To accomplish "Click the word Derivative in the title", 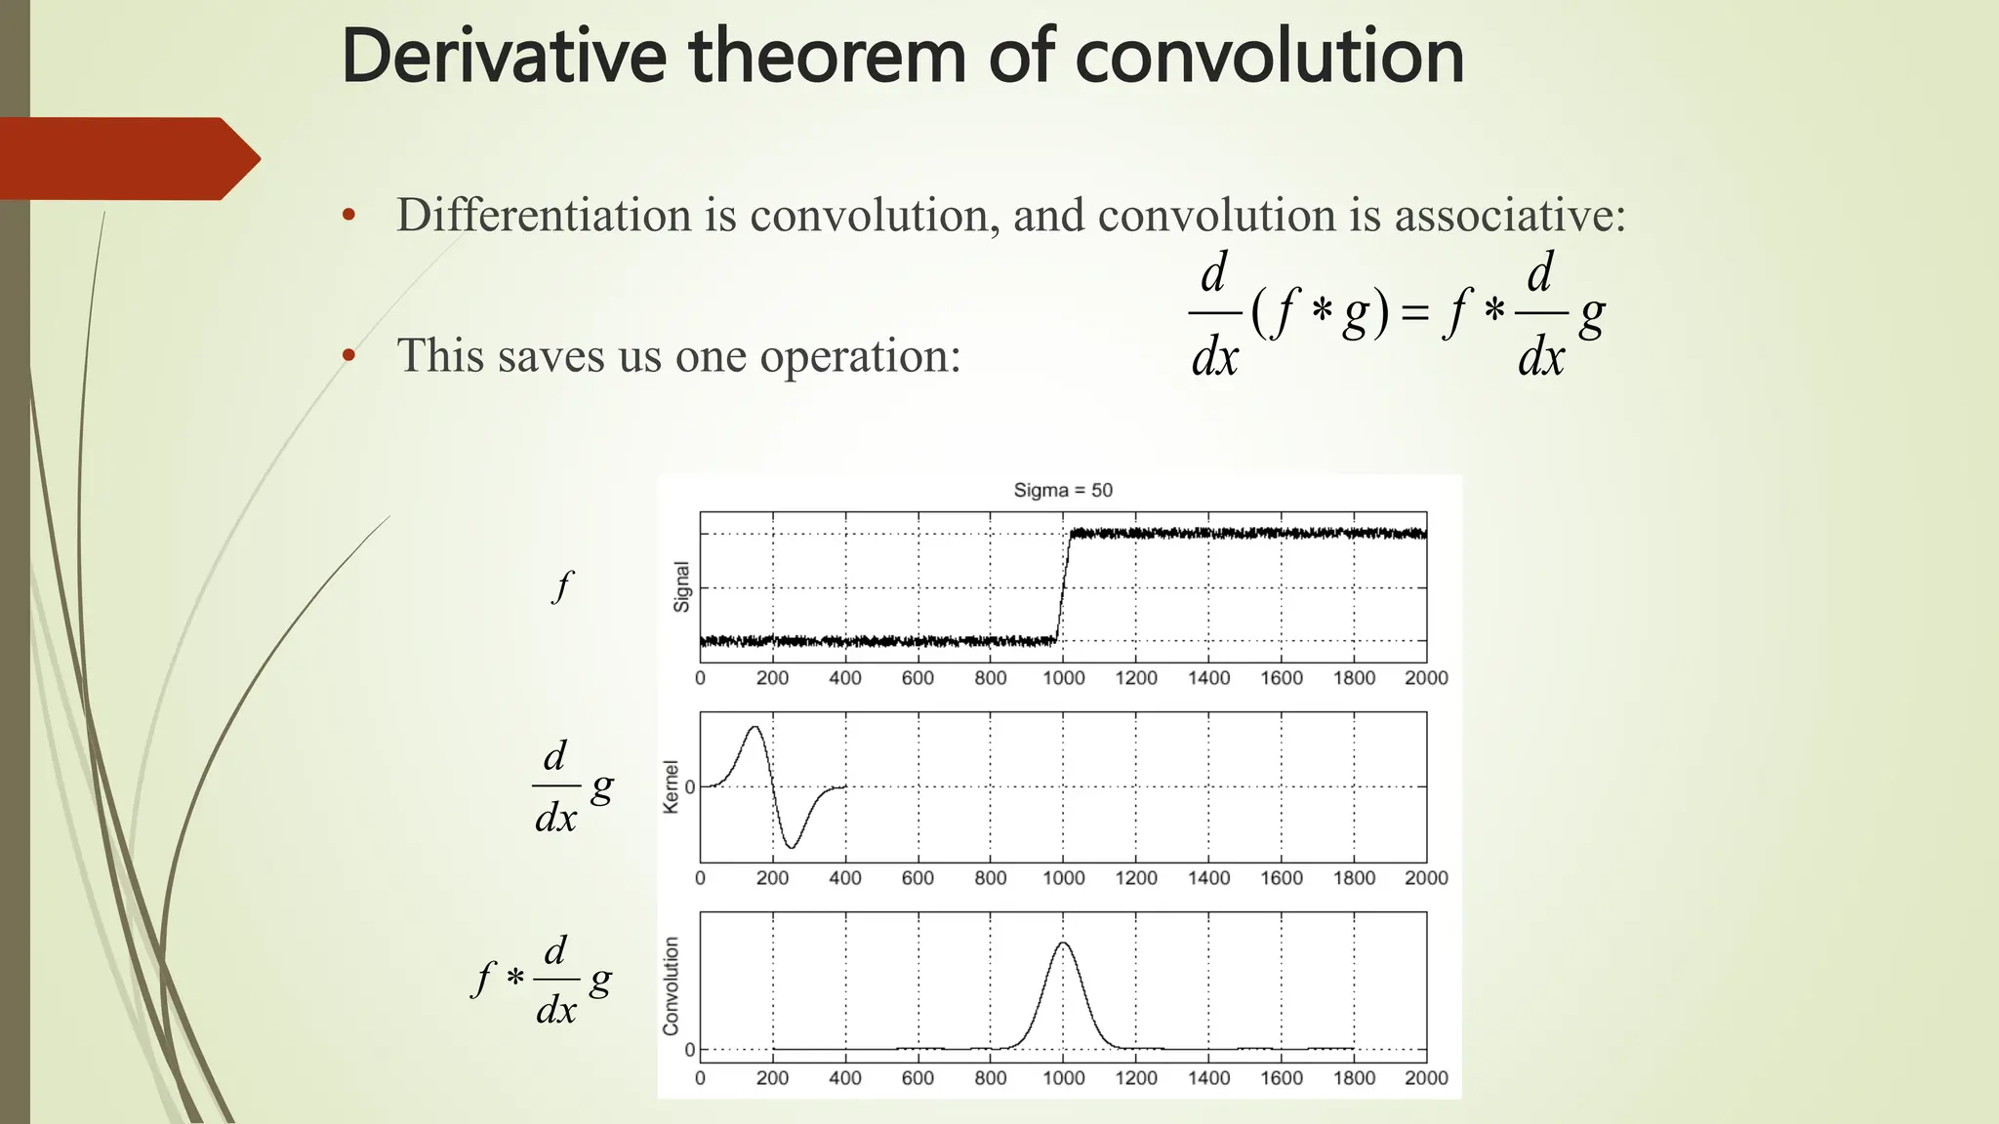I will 504,57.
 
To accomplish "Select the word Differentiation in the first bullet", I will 544,215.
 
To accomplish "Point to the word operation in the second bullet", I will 859,356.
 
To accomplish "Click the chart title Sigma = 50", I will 1063,490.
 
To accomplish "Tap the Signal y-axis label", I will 681,587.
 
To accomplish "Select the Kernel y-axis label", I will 671,786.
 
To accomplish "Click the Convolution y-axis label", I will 671,985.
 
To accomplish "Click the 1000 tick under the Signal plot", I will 1063,678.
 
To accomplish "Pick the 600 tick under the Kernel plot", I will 918,878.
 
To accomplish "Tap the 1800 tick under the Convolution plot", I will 1354,1078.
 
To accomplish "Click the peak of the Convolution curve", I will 1063,943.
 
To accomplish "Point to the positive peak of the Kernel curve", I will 754,727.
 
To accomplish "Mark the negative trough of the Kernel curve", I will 792,847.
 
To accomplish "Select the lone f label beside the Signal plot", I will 562,586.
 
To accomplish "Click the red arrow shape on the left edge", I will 127,158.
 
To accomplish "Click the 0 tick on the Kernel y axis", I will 690,787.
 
